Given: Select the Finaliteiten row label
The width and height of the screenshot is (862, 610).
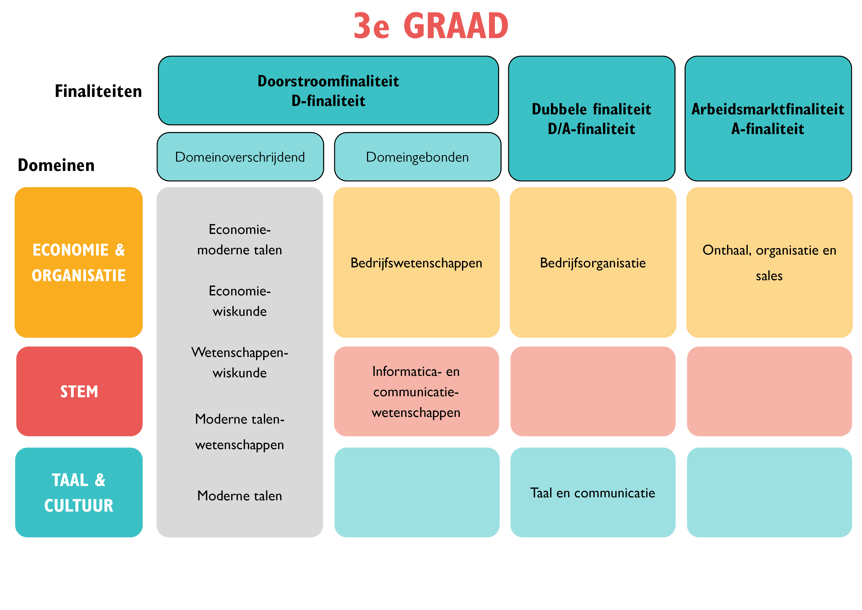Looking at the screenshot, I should (x=98, y=91).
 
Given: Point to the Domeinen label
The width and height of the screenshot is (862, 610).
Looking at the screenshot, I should (x=56, y=165).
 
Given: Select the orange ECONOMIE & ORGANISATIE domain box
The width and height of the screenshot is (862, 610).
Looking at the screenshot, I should (x=79, y=262).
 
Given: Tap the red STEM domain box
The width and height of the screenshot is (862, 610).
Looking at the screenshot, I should (x=79, y=392).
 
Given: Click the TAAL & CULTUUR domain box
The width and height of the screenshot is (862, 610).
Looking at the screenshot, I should (x=79, y=492).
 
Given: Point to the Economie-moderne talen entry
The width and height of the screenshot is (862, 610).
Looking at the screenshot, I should (x=240, y=239).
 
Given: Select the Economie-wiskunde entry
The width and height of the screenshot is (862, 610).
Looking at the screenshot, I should (x=240, y=301).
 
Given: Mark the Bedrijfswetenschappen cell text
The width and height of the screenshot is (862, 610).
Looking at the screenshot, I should (x=416, y=263).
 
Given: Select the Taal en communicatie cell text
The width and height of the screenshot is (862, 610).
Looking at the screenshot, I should (x=592, y=493).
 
